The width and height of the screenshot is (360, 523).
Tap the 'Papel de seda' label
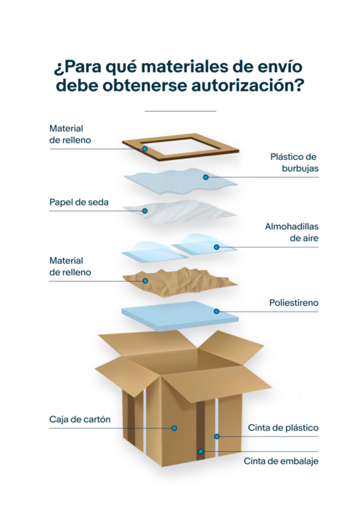pyautogui.click(x=79, y=202)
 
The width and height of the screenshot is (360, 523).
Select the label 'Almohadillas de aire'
pyautogui.click(x=292, y=232)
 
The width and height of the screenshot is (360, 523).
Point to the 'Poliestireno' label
pyautogui.click(x=294, y=303)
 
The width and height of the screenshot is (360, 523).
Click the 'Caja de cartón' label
pyautogui.click(x=80, y=419)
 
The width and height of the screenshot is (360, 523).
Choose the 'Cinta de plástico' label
pyautogui.click(x=283, y=428)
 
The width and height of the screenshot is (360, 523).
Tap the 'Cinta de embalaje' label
pyautogui.click(x=281, y=461)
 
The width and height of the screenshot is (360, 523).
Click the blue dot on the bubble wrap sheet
pyautogui.click(x=205, y=177)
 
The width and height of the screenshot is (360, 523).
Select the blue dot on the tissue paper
pyautogui.click(x=144, y=211)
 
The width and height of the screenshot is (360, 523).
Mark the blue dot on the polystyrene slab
pyautogui.click(x=216, y=311)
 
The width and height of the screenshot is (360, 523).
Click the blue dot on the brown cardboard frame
pyautogui.click(x=144, y=149)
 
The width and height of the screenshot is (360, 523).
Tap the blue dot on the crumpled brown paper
pyautogui.click(x=145, y=281)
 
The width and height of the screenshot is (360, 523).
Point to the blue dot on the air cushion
pyautogui.click(x=216, y=247)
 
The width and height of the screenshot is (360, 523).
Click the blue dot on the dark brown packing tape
pyautogui.click(x=200, y=451)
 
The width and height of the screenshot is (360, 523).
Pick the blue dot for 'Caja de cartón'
pyautogui.click(x=174, y=428)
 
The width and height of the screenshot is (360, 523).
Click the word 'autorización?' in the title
pyautogui.click(x=247, y=86)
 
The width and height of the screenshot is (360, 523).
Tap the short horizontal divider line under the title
pyautogui.click(x=180, y=111)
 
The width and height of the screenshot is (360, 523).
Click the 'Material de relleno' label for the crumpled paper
pyautogui.click(x=70, y=266)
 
